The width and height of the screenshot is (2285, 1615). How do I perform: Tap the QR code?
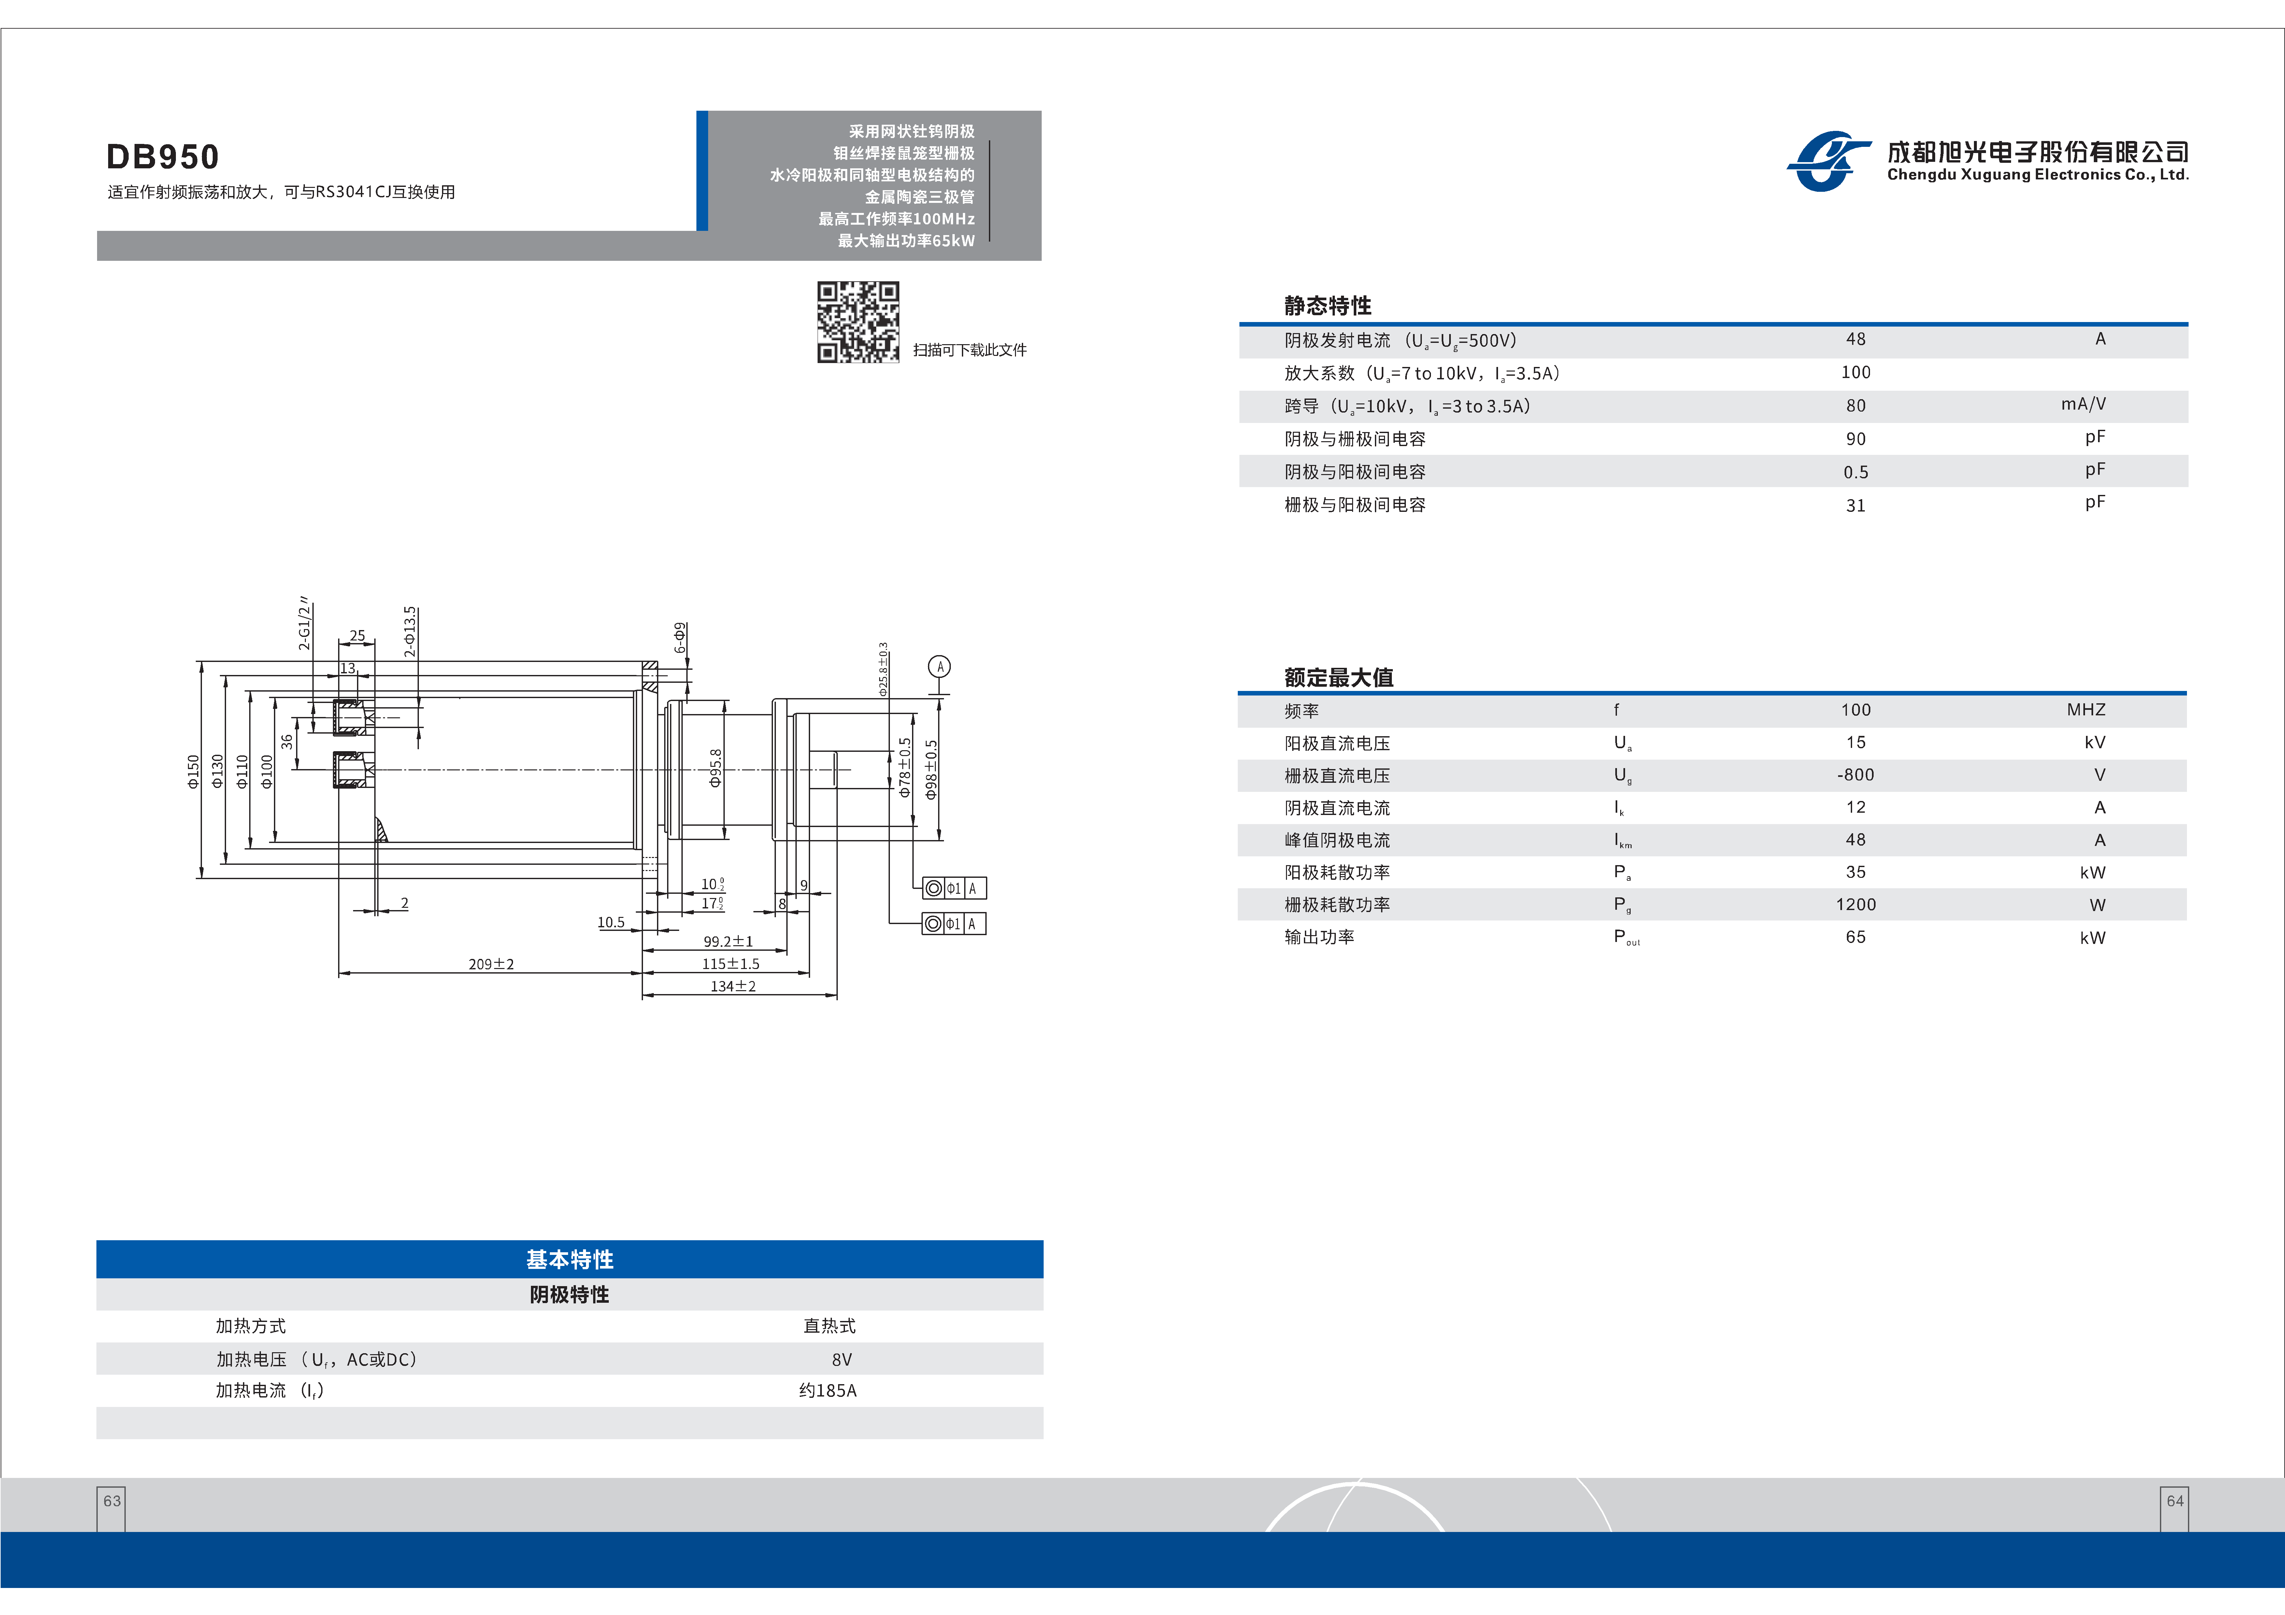[x=858, y=321]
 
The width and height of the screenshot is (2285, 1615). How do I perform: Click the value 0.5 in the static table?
[x=1855, y=473]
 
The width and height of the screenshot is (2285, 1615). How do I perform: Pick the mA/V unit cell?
[x=2083, y=404]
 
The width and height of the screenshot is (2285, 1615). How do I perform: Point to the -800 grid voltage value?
[x=1855, y=775]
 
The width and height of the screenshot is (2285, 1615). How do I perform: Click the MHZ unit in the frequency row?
[x=2086, y=709]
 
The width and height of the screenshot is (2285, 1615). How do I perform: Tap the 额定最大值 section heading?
[x=1338, y=678]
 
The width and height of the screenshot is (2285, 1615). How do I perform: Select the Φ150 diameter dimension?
[x=193, y=771]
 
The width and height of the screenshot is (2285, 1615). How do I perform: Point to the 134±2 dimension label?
[x=733, y=986]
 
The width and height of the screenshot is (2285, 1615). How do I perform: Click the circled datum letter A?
[x=939, y=667]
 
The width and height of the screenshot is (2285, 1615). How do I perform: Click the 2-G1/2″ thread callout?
[x=305, y=624]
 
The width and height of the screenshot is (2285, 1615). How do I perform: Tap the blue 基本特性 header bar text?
[x=569, y=1260]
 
